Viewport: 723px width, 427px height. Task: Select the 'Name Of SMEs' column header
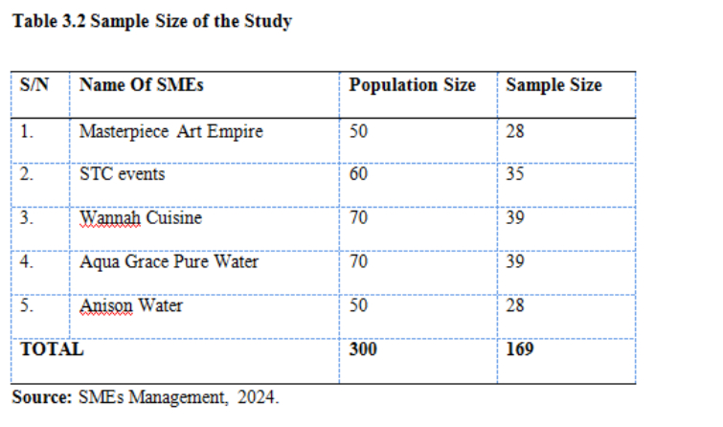[141, 85]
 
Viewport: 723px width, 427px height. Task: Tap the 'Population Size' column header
[412, 85]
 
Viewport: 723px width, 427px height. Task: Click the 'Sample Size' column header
[554, 85]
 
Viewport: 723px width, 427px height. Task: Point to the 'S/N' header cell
[34, 85]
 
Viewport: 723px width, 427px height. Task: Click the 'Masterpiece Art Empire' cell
[170, 131]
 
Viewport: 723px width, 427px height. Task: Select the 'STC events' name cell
[123, 174]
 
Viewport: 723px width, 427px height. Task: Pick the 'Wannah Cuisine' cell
[141, 218]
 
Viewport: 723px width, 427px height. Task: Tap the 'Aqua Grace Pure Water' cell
[169, 261]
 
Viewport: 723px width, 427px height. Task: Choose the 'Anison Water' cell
[131, 306]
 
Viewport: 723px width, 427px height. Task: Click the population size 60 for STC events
[358, 174]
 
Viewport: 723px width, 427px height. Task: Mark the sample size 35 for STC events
[515, 174]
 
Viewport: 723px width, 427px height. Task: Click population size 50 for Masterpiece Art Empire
[358, 131]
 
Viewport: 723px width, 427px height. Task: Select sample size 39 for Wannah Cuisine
[515, 218]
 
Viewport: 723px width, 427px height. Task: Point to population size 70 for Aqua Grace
[358, 261]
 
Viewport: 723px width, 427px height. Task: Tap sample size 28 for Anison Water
[515, 306]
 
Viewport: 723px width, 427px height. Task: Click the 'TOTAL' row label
[52, 349]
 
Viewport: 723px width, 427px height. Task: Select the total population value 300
[363, 349]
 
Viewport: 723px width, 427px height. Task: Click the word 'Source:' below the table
[41, 397]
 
